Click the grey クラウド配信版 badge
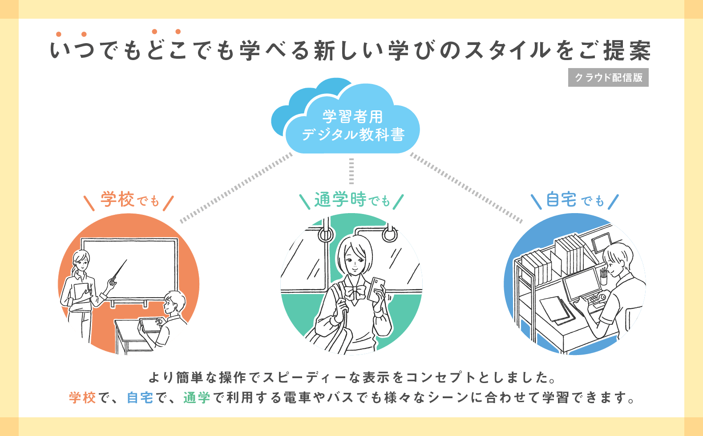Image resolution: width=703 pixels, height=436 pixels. pyautogui.click(x=608, y=77)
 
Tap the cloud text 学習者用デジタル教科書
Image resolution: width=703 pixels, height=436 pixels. pyautogui.click(x=352, y=125)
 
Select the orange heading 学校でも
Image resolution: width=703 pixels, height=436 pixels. pyautogui.click(x=129, y=200)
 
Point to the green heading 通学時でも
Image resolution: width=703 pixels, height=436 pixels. pyautogui.click(x=351, y=200)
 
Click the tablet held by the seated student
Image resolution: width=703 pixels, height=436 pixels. pyautogui.click(x=149, y=325)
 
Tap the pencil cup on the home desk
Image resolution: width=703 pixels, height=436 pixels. pyautogui.click(x=603, y=279)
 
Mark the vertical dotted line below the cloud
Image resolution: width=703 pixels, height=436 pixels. pyautogui.click(x=351, y=171)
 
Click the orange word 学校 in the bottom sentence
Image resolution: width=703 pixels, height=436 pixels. pyautogui.click(x=82, y=397)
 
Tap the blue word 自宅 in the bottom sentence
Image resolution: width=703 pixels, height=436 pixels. pyautogui.click(x=140, y=397)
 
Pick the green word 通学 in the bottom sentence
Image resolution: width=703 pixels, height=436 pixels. pyautogui.click(x=197, y=397)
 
